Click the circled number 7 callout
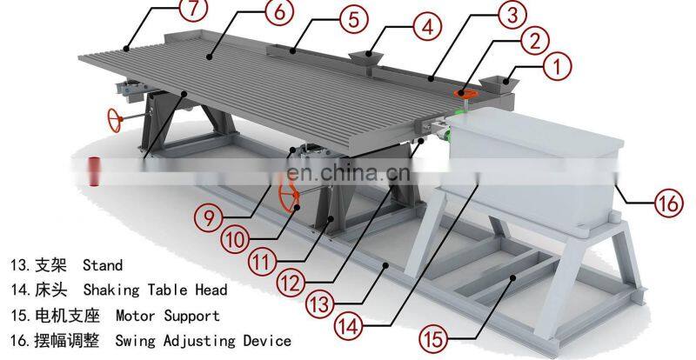tap(191, 10)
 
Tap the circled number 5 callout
tap(354, 19)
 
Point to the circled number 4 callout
tap(427, 27)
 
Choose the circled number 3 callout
tap(513, 15)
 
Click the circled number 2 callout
tap(535, 41)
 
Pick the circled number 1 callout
tap(558, 67)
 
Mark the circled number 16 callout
tap(669, 203)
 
